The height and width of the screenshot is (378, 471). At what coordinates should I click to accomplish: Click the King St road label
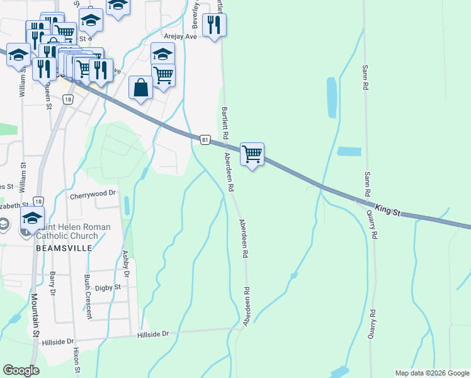tap(388, 210)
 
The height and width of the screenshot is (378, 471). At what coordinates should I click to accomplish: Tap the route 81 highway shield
tap(205, 139)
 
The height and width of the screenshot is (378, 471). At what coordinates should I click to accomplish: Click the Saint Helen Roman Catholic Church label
tap(73, 231)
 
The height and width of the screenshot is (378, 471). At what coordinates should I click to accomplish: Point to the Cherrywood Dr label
tap(94, 195)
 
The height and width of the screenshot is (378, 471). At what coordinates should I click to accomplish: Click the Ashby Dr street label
tap(125, 264)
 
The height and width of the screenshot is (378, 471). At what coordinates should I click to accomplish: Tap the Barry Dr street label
tap(53, 283)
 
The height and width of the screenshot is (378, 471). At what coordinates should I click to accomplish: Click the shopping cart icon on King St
tap(252, 153)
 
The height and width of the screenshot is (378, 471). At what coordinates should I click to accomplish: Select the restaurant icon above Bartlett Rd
tap(215, 25)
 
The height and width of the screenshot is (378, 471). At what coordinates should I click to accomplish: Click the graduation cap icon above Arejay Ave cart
tap(162, 53)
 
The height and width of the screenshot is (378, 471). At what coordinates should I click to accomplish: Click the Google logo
tap(21, 370)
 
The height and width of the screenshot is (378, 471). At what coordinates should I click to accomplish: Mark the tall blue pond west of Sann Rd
tap(332, 97)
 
